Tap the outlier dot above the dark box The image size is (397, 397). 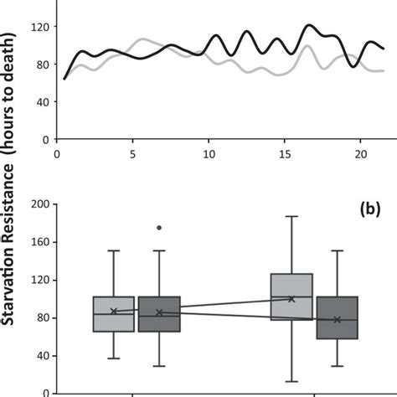[159, 227]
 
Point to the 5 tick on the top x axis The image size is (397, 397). [132, 155]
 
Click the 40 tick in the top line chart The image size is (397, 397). [41, 102]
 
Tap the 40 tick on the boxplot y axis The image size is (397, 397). [41, 356]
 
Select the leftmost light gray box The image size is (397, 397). [114, 314]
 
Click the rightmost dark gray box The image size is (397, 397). [337, 317]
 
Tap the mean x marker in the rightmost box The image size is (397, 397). [337, 319]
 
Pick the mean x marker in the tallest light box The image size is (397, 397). [291, 299]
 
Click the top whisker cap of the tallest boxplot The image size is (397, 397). [291, 216]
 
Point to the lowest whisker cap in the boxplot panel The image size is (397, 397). [291, 381]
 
